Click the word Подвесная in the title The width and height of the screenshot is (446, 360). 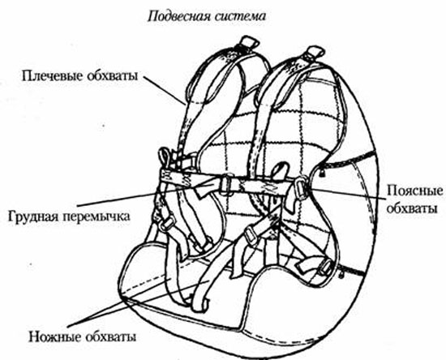(178, 16)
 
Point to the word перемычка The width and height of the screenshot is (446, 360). (95, 216)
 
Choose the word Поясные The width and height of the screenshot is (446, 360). (415, 191)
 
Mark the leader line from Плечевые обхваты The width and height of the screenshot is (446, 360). (165, 91)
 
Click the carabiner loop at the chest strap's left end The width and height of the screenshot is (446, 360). (165, 158)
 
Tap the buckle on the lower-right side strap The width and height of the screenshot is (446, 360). (326, 267)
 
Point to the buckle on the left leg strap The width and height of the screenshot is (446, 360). (166, 224)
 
